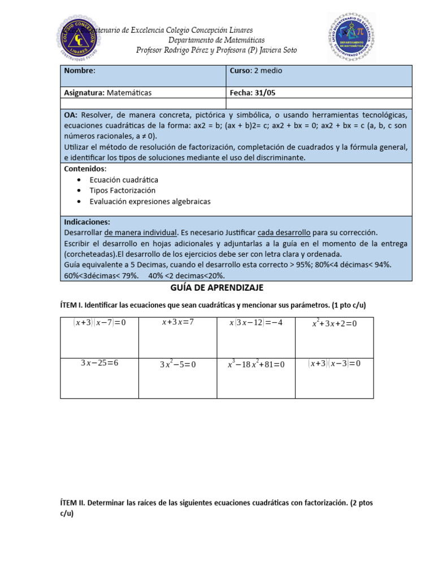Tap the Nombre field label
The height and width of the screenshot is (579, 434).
tap(79, 71)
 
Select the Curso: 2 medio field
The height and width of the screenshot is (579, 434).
tap(255, 71)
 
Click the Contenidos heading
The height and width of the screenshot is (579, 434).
tap(85, 168)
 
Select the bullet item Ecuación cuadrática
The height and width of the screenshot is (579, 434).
tap(124, 179)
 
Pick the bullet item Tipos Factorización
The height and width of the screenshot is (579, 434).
tap(122, 190)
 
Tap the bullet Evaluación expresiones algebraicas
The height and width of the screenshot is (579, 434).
tap(150, 201)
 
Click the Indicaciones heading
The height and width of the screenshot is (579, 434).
tap(87, 222)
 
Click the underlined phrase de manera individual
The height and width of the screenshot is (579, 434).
tap(141, 232)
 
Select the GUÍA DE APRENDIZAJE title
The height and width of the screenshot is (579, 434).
tap(217, 288)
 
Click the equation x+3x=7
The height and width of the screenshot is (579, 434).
tap(177, 322)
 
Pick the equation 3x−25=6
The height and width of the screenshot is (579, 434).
tap(99, 362)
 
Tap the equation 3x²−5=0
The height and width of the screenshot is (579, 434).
tap(177, 364)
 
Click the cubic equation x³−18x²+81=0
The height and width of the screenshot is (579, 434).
tap(256, 364)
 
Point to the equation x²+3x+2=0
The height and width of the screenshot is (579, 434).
tap(334, 323)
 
